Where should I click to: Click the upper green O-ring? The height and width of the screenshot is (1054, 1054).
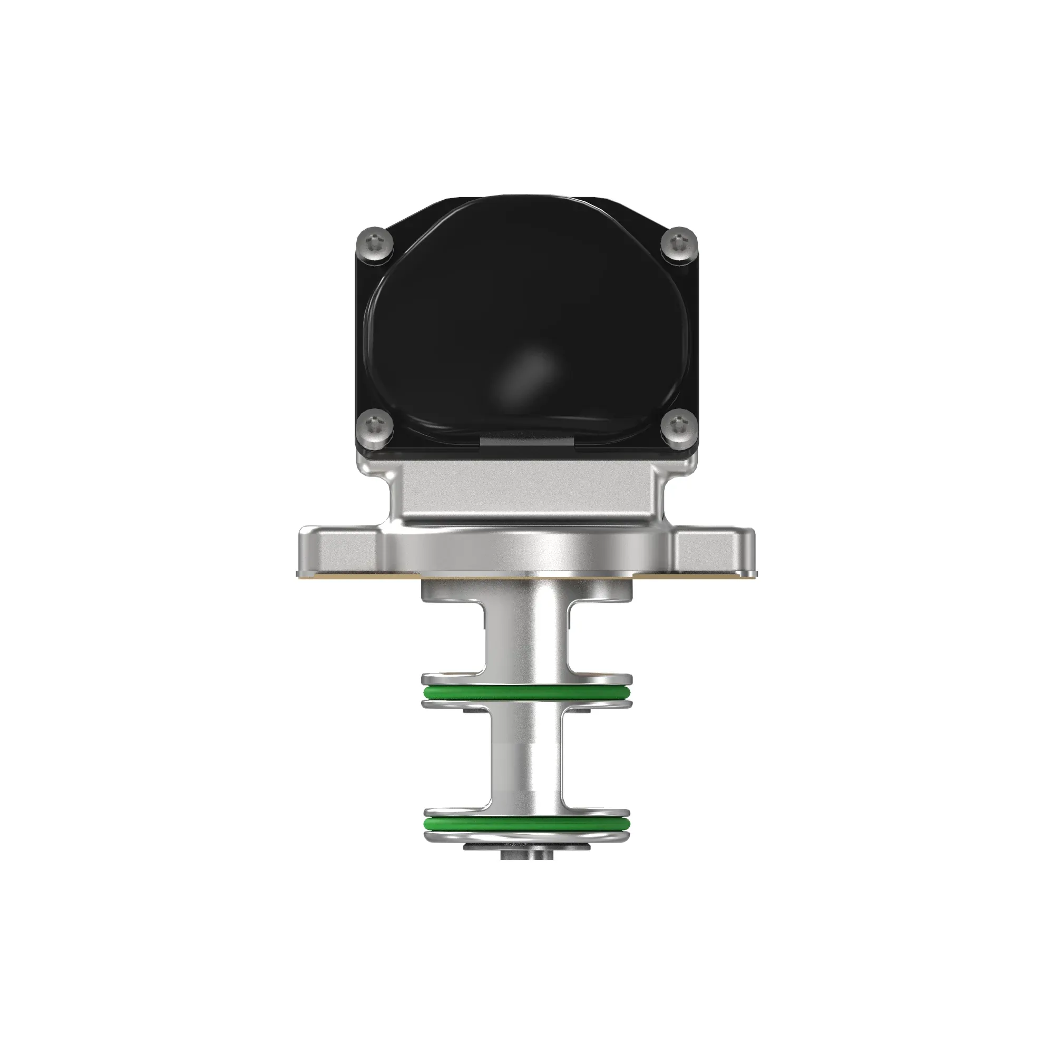click(526, 694)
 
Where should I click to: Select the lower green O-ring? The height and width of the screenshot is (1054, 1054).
click(526, 840)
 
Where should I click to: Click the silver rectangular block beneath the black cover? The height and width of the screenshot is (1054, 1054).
click(526, 489)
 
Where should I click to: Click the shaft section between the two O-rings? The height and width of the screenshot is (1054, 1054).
click(526, 764)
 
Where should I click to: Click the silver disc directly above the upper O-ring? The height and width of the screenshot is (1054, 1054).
click(526, 680)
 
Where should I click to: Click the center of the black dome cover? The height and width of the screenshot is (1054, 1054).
click(526, 322)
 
